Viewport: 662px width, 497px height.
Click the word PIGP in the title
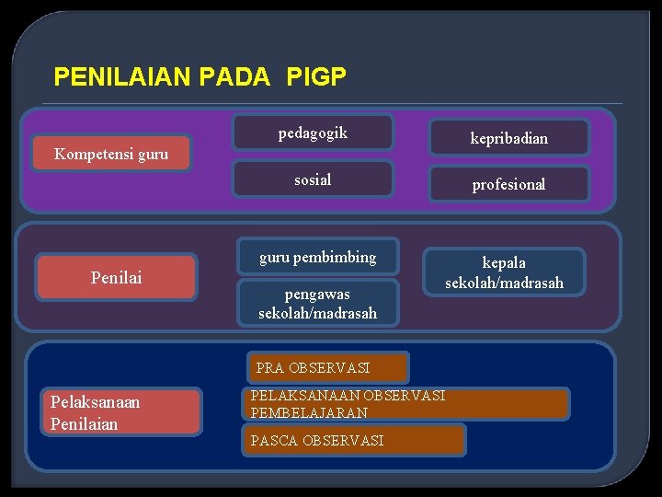click(x=316, y=76)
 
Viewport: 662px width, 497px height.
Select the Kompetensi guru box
click(x=111, y=155)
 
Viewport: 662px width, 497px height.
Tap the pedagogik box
click(x=313, y=133)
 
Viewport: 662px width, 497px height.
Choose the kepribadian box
click(x=508, y=138)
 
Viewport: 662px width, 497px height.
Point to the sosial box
click(x=313, y=179)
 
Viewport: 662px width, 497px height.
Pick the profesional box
click(x=508, y=184)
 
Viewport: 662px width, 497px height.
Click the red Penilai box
click(x=117, y=277)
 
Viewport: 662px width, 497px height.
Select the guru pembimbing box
click(x=317, y=258)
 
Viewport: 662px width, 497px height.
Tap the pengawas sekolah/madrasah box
click(x=317, y=304)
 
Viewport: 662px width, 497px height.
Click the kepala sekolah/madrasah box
click(x=504, y=272)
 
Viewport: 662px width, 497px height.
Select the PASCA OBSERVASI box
click(x=354, y=441)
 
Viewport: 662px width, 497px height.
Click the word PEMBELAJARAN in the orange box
click(x=309, y=413)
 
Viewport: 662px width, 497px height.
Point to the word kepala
click(x=504, y=263)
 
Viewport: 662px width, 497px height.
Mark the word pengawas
click(x=317, y=295)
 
